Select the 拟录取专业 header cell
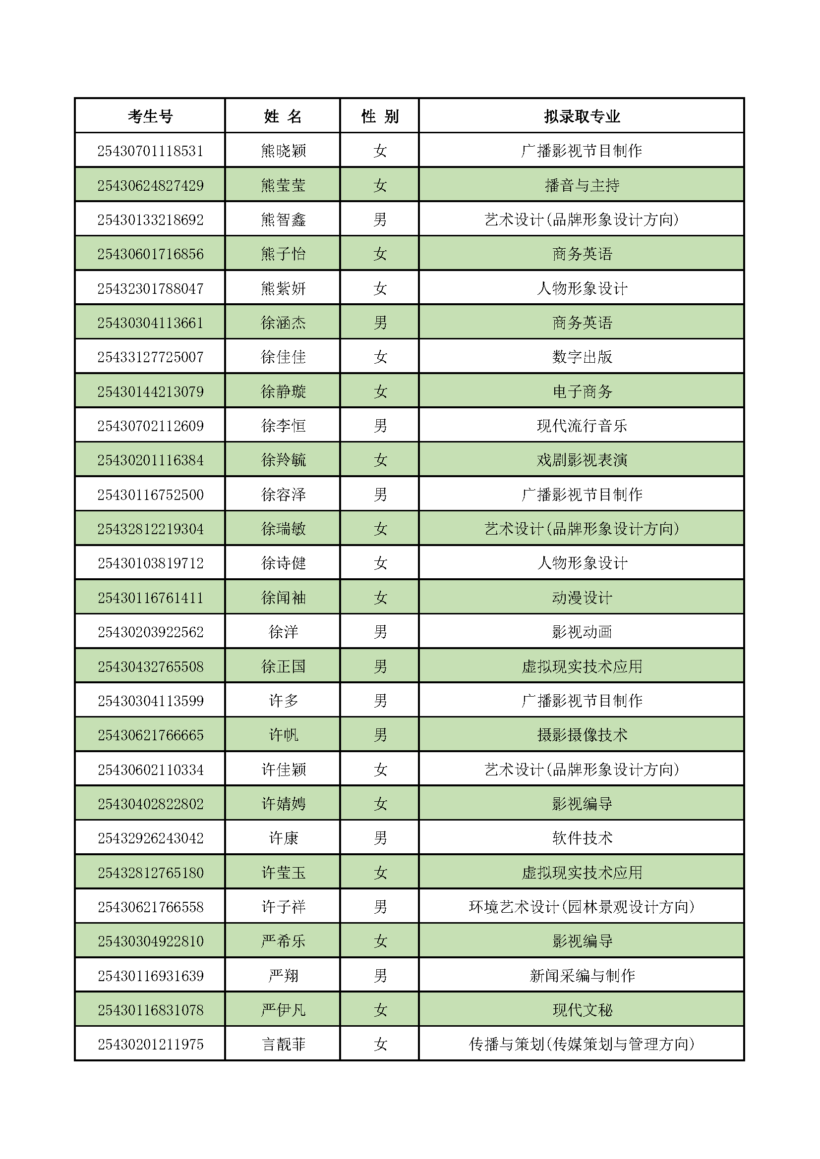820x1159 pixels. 582,116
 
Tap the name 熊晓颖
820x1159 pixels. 283,151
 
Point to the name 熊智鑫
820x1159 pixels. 283,220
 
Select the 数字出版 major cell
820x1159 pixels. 582,357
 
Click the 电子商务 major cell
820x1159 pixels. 582,391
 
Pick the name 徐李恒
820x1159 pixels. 283,426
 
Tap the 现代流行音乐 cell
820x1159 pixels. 582,426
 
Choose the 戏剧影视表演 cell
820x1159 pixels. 582,460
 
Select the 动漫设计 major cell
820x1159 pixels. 582,598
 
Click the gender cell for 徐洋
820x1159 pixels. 380,632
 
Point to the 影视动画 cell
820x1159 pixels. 582,632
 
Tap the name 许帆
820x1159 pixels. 283,735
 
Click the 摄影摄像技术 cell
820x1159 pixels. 582,735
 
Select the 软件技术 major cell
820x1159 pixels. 582,838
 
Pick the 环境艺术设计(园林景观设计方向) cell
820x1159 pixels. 582,907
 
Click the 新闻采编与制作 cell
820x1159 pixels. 582,975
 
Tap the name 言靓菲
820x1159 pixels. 283,1044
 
